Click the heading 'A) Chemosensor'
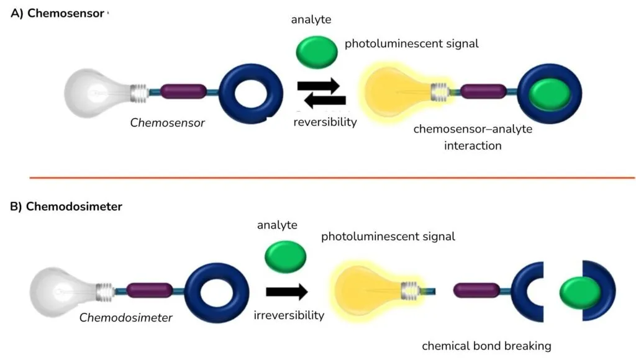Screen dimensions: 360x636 tap(57, 13)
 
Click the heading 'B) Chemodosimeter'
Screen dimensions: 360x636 tap(66, 207)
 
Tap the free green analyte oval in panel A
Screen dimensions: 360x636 tap(316, 52)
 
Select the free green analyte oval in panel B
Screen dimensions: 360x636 tap(286, 255)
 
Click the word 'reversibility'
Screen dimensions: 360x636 tap(325, 122)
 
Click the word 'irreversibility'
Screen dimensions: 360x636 tap(289, 315)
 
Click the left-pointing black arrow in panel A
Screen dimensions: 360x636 tap(321, 102)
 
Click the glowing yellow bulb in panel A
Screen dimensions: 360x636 tap(401, 92)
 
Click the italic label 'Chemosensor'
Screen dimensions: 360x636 tap(167, 123)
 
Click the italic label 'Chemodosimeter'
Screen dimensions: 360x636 tap(125, 318)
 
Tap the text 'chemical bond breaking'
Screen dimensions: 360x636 tap(486, 346)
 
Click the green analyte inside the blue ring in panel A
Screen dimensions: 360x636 tap(550, 95)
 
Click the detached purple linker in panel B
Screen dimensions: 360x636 tap(477, 290)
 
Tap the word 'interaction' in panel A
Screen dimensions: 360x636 tap(473, 146)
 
